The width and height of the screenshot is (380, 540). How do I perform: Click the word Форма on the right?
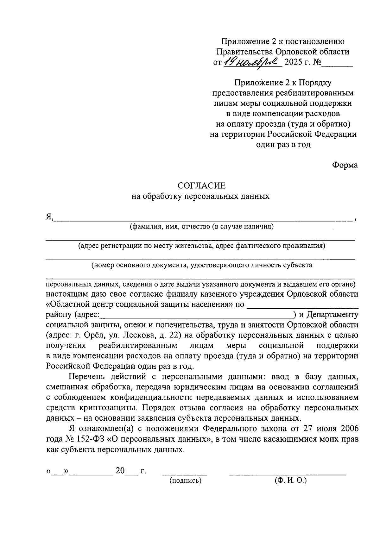pos(345,165)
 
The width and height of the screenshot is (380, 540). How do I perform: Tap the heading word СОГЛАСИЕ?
pos(201,185)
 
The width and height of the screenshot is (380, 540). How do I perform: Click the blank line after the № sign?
pos(337,64)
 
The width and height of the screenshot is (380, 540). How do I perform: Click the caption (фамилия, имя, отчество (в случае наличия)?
pos(201,227)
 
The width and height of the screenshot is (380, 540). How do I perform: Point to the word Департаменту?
pos(333,315)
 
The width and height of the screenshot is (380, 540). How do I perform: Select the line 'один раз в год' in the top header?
pos(283,145)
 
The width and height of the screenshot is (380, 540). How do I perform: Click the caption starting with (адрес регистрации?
pos(202,246)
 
